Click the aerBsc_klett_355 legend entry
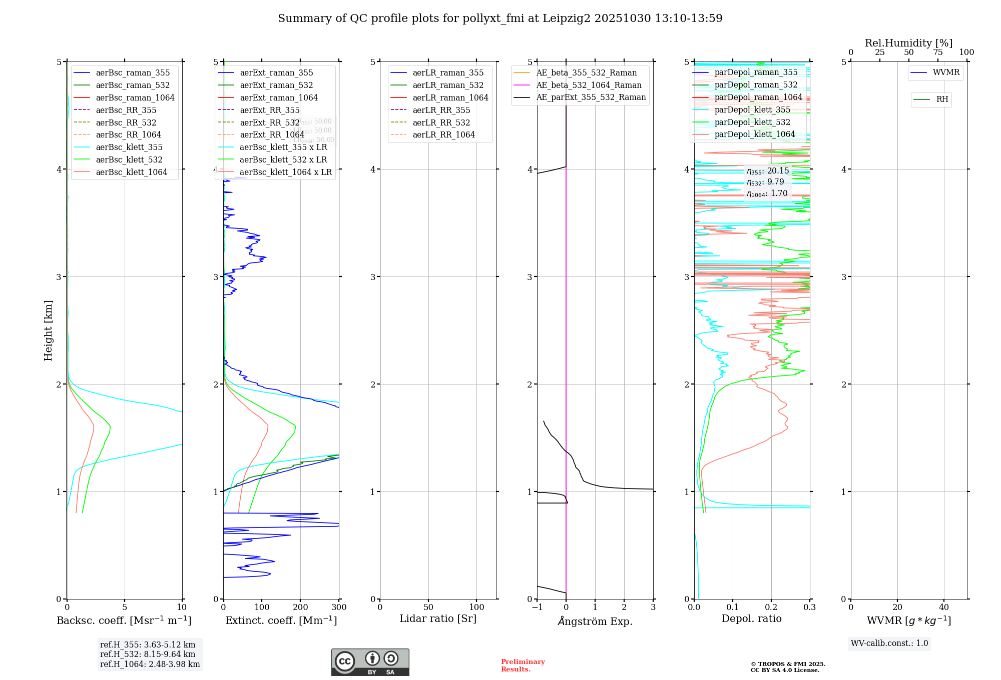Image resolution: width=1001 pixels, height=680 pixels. [129, 147]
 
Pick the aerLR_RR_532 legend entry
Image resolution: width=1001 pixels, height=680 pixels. [441, 122]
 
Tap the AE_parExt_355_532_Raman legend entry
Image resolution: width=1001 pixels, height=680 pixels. [591, 97]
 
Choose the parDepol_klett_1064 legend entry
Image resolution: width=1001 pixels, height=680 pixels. [754, 134]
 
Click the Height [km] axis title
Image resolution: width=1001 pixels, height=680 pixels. [48, 330]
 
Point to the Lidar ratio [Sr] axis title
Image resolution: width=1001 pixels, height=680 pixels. [438, 618]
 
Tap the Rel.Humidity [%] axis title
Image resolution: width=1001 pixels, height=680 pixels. [908, 43]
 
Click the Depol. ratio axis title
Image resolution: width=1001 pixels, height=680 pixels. [751, 618]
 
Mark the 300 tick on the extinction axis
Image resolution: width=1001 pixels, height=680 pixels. [339, 607]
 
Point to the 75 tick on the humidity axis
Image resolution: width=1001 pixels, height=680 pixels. [937, 52]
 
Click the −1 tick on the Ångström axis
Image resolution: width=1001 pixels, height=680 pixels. [537, 607]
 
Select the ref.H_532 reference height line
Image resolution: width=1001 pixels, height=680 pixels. [148, 654]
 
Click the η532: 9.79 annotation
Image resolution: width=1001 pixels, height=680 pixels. [765, 182]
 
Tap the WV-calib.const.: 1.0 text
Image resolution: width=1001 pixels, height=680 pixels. [889, 643]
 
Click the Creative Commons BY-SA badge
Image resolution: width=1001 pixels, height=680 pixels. [370, 662]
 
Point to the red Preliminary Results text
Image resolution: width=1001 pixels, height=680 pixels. [523, 665]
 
